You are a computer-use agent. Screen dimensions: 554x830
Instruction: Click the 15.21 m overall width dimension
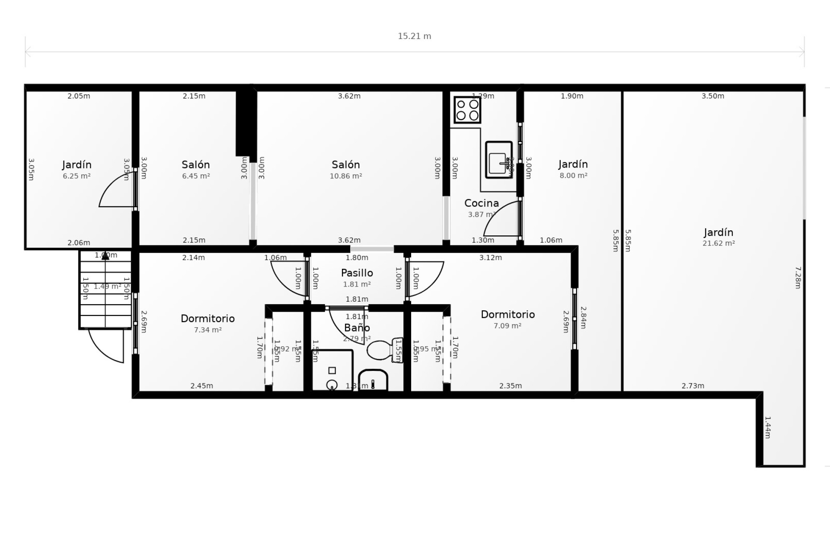414,36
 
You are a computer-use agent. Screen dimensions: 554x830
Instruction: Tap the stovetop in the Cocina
467,110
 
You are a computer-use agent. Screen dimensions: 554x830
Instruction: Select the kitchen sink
498,159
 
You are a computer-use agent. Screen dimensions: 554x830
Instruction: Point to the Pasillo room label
357,273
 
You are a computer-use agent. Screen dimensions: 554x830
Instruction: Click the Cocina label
481,203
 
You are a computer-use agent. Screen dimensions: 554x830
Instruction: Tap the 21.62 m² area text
718,243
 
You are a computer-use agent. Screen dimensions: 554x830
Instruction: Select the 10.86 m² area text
346,176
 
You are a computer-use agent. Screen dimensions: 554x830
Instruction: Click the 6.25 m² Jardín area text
77,176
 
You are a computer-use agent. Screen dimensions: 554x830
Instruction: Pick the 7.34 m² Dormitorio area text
207,330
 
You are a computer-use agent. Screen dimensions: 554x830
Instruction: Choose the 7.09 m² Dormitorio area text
508,326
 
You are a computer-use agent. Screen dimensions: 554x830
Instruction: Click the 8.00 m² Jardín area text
573,176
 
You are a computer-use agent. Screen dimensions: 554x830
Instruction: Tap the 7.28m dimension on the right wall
798,277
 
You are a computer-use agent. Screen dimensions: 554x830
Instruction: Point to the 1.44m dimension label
768,427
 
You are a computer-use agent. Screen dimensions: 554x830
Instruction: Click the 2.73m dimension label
693,386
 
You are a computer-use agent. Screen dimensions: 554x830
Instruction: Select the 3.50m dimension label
712,96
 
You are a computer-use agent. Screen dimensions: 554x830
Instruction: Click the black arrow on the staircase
105,256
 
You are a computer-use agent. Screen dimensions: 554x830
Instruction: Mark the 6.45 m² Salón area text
196,176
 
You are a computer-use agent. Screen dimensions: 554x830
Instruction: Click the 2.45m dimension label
201,386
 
